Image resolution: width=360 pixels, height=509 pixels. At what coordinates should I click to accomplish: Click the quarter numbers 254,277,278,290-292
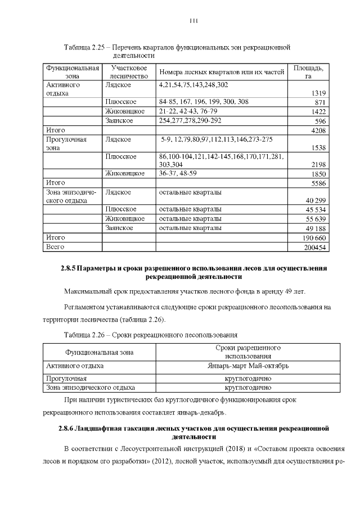[x=190, y=120]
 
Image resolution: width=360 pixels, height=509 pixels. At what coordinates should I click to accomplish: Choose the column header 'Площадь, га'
[x=308, y=71]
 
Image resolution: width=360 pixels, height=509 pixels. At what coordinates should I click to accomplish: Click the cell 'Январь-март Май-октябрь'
[x=248, y=366]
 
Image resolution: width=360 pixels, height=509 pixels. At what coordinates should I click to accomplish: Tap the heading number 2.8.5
[x=67, y=268]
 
